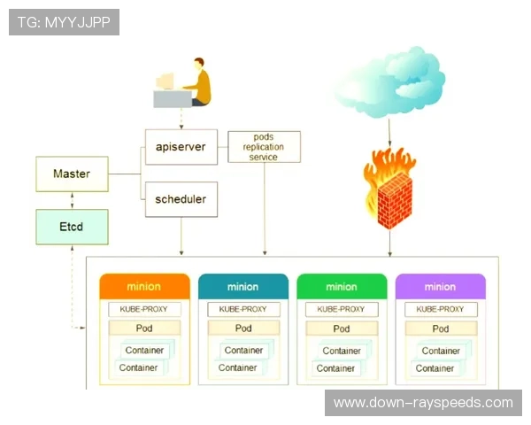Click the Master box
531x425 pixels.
point(72,174)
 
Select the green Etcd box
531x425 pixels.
point(72,227)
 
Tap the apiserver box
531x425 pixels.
point(181,147)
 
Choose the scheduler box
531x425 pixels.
point(181,199)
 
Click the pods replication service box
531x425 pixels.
point(264,147)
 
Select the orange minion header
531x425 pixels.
point(144,286)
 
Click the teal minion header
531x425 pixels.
point(243,286)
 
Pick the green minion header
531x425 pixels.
point(342,286)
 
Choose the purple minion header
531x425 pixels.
point(440,286)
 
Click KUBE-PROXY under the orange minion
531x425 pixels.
point(144,309)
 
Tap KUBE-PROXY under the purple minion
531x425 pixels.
point(440,309)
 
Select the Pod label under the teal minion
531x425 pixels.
point(243,328)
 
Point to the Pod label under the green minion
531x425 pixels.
point(342,328)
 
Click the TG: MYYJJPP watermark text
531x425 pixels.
point(64,22)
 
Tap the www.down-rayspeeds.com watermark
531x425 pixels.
point(422,403)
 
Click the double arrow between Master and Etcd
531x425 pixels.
point(72,200)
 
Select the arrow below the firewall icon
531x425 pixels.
point(389,241)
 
